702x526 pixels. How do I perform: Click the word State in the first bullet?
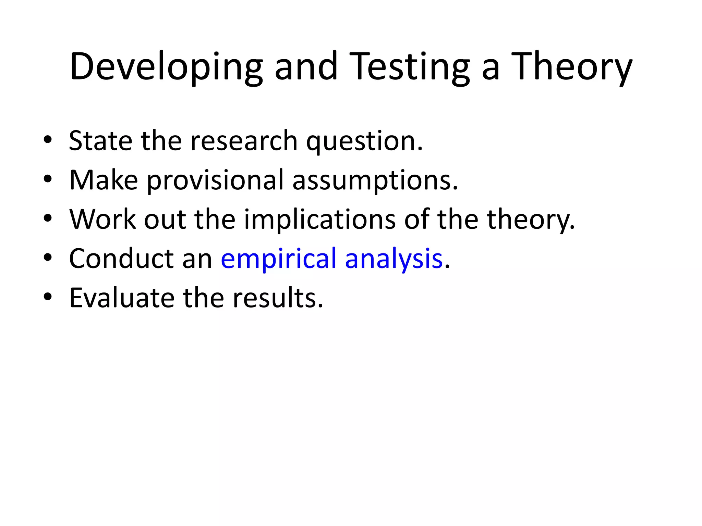click(x=100, y=141)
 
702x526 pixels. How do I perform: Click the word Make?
click(x=104, y=180)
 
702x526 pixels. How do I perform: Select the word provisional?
click(x=216, y=181)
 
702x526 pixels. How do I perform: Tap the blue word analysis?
click(x=394, y=260)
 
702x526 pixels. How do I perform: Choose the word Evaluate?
click(x=122, y=298)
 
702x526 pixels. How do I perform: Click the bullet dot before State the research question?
click(x=48, y=140)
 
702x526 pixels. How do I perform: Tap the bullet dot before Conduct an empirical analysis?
click(x=48, y=258)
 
